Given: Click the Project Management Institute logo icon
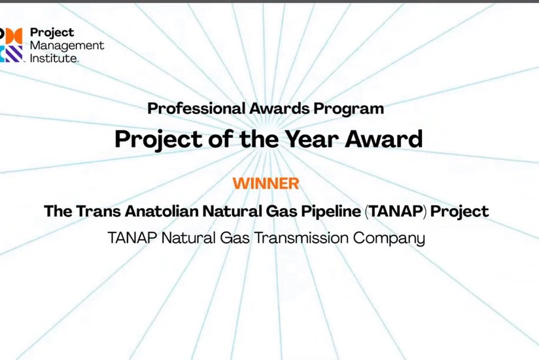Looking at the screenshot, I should point(11,45).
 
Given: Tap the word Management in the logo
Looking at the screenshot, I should point(67,45).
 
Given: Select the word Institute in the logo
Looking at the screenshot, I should point(54,58).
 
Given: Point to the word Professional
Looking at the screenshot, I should point(185,109).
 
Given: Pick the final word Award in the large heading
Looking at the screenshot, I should point(392,139).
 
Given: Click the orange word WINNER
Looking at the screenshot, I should point(266,183).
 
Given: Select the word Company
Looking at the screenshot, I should point(389,238).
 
